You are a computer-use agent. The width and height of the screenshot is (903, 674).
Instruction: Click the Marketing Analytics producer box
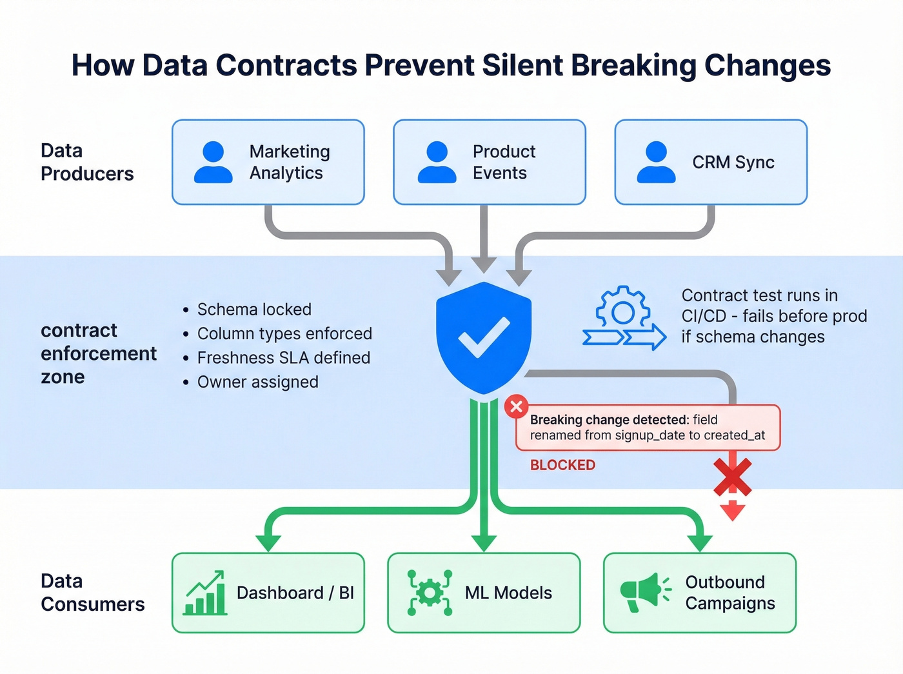268,162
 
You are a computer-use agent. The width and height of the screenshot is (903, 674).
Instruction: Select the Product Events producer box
489,162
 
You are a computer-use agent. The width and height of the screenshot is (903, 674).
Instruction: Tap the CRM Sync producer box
711,162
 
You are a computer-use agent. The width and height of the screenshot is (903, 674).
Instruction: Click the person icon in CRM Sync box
656,162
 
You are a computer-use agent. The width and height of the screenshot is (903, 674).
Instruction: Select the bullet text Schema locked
254,310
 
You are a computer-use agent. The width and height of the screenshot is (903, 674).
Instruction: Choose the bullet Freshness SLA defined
283,358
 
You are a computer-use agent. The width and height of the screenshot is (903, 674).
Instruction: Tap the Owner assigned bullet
257,382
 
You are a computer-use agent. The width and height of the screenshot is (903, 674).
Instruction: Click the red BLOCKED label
562,465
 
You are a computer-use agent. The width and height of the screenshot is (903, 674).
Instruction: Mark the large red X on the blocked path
733,477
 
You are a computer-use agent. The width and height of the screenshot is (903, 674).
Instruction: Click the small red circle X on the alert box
516,407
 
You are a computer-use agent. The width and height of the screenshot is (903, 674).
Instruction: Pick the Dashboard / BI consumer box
268,593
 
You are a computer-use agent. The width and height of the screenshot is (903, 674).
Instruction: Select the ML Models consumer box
484,593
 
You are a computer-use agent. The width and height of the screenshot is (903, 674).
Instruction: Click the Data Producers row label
87,162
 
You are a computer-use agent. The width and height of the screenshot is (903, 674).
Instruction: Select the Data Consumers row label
92,592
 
